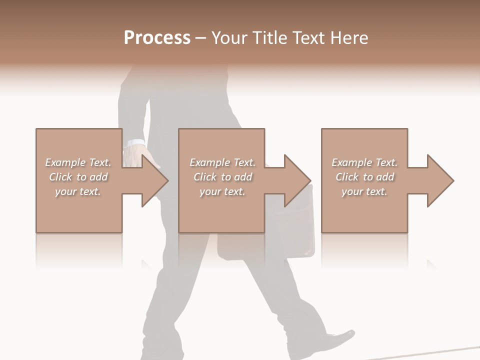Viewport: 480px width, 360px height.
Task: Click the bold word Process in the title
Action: click(x=157, y=38)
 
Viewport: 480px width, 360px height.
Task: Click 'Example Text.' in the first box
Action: click(x=78, y=162)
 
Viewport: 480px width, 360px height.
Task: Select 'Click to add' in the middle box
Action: click(x=222, y=177)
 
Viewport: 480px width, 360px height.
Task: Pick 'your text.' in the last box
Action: click(x=364, y=191)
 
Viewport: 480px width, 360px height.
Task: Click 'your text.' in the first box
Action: click(x=78, y=191)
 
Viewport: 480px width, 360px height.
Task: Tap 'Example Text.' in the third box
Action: click(x=364, y=162)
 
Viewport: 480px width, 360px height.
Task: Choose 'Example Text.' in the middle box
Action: click(x=222, y=162)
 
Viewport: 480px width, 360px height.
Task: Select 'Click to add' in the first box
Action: click(x=78, y=177)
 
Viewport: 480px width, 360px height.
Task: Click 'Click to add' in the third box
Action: click(x=364, y=177)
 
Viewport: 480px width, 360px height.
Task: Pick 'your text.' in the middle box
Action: click(x=222, y=191)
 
